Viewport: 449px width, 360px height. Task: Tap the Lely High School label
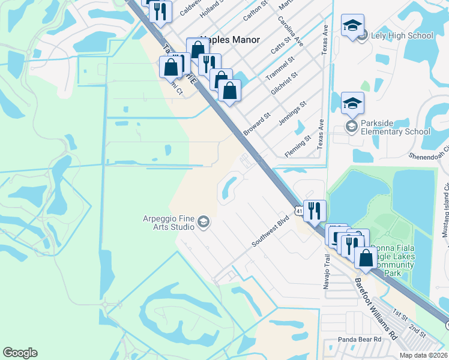(x=403, y=35)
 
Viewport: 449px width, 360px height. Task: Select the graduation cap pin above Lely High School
(x=352, y=26)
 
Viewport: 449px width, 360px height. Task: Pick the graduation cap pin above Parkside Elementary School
(x=352, y=104)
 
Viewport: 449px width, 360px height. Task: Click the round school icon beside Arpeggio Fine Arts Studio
(x=203, y=223)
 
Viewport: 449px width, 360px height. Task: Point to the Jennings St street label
(x=293, y=113)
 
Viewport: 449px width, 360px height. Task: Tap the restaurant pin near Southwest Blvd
(x=315, y=211)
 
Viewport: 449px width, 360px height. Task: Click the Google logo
(x=20, y=353)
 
